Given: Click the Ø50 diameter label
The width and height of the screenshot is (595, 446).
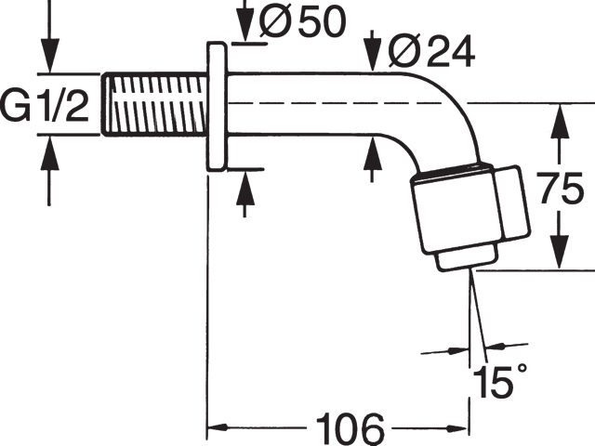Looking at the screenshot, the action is [x=302, y=22].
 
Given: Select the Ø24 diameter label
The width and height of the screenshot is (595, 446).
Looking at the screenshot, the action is [x=431, y=51].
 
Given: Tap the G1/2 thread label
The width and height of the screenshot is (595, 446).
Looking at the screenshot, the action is [x=46, y=105].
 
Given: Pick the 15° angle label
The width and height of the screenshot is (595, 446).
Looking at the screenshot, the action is [x=500, y=380].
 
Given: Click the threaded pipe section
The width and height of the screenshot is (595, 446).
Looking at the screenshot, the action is [x=154, y=104].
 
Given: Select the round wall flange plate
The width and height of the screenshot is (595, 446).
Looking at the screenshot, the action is [x=216, y=107].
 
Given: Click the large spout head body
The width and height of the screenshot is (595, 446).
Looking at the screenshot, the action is [x=470, y=208].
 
